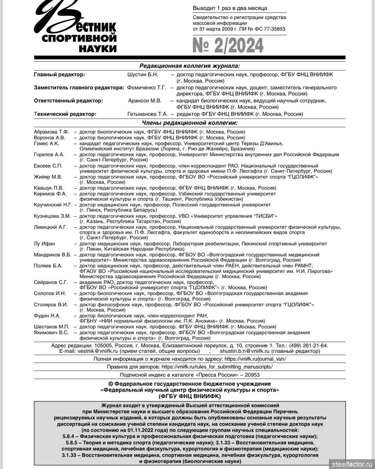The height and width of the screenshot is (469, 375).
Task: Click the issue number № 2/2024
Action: tap(228, 46)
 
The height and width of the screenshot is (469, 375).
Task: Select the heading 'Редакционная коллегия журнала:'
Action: tap(189, 66)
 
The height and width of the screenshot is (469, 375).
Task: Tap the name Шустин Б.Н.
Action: tap(143, 74)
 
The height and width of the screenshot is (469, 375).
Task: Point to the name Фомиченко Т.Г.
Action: tap(146, 88)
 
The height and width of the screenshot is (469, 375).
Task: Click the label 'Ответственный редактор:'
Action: tap(68, 101)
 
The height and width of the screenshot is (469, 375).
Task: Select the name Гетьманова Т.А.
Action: tap(147, 114)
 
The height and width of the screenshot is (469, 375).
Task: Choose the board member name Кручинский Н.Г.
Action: tap(53, 204)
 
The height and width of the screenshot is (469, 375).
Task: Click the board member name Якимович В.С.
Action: tap(51, 333)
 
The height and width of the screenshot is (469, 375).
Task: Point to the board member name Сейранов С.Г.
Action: tap(51, 282)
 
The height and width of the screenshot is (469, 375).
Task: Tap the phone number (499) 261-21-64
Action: tap(308, 346)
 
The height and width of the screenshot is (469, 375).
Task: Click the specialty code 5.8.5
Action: tap(73, 442)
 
